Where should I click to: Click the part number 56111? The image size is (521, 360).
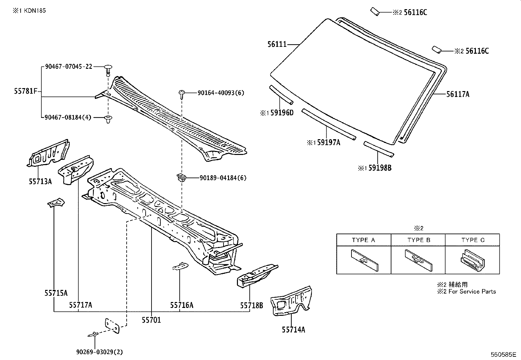tap(277, 44)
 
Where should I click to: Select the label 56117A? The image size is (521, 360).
tap(458, 94)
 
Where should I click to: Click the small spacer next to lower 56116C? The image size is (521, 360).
tap(437, 49)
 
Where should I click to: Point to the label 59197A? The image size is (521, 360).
tap(329, 142)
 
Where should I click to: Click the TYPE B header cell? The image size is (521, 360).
tap(418, 240)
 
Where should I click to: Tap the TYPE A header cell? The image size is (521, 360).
tap(364, 240)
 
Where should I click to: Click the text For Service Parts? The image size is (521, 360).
tap(472, 292)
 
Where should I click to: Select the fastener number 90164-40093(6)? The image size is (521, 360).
tap(221, 93)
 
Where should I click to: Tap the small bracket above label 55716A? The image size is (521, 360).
tap(180, 266)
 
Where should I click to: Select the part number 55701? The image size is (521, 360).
tap(151, 320)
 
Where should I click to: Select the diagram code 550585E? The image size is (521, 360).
tap(503, 355)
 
